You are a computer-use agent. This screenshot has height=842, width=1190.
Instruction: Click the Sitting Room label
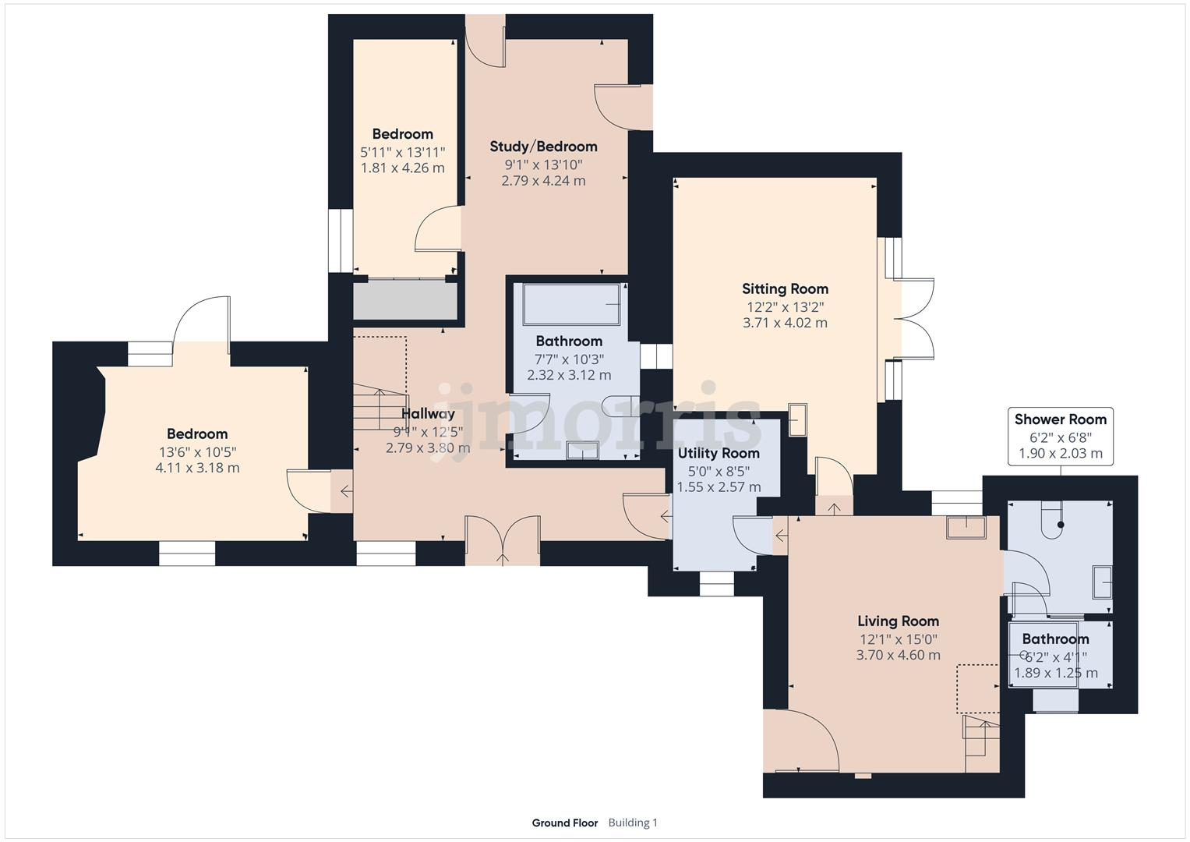click(785, 288)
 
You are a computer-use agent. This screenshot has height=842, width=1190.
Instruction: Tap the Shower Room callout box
click(1060, 436)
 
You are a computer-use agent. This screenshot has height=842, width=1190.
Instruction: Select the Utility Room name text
click(718, 453)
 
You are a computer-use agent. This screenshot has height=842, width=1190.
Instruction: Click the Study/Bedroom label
click(543, 147)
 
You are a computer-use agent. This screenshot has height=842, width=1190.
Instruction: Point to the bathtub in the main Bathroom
click(572, 304)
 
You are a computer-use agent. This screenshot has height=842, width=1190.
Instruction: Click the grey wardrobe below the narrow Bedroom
click(405, 300)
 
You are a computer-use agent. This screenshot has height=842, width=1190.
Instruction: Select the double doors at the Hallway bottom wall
click(503, 540)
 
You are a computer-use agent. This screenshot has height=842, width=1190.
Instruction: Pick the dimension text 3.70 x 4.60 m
click(898, 655)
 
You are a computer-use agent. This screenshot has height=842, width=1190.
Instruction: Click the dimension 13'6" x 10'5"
click(197, 451)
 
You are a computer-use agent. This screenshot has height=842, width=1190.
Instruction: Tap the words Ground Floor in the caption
click(564, 823)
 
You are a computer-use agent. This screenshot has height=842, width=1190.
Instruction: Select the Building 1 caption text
click(633, 823)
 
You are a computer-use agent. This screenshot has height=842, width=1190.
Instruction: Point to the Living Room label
click(898, 621)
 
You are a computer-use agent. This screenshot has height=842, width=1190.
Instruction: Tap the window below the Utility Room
click(716, 584)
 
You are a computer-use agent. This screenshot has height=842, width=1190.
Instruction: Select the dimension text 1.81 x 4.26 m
click(402, 168)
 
